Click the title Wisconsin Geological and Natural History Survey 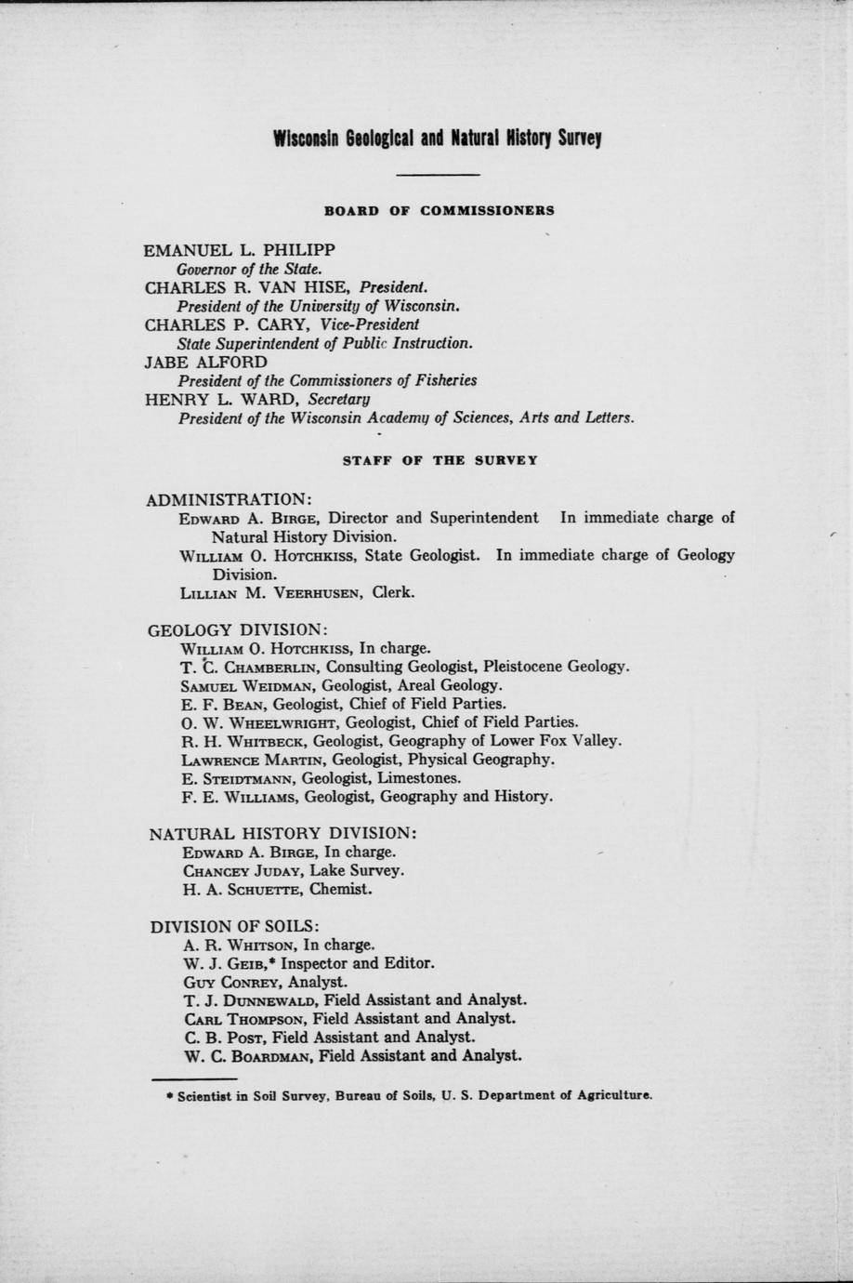pos(438,139)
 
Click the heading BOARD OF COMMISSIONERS pos(439,210)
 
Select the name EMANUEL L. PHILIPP pos(240,250)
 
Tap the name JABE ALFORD pos(206,362)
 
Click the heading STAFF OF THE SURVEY pos(440,460)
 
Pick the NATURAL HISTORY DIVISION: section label pos(282,833)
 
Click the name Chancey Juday pos(243,871)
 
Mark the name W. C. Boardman pos(248,1056)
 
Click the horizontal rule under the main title pos(438,175)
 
